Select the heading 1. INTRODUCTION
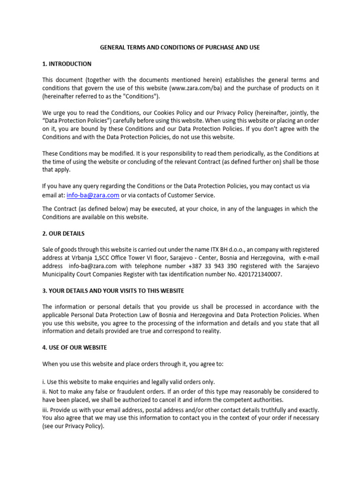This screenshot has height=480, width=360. [x=67, y=64]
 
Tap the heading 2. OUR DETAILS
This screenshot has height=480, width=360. [x=63, y=233]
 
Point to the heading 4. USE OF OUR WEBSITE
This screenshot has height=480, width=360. [x=75, y=347]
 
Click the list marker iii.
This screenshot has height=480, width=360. [x=45, y=410]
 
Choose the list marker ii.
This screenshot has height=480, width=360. [x=45, y=391]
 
